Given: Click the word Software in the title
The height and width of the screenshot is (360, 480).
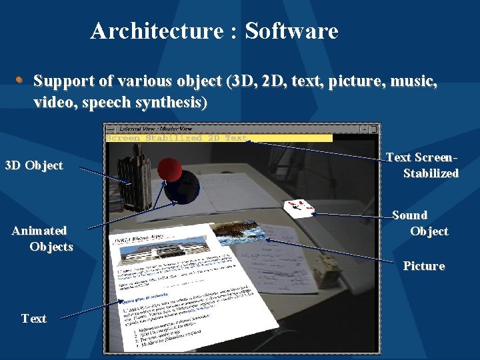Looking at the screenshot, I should point(291,31).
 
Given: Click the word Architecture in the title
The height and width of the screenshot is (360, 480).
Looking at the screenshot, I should point(157,31).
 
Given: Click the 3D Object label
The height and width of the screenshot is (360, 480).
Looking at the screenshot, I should point(34,165).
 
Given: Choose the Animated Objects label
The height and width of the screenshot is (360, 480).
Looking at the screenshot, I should point(42,239).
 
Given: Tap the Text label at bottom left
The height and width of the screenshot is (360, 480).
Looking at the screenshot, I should point(34,319).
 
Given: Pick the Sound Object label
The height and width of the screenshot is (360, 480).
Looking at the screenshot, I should point(419,223).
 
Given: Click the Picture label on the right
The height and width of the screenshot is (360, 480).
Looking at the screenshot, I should point(423,266).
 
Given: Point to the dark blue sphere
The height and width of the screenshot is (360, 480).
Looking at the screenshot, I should point(184,187).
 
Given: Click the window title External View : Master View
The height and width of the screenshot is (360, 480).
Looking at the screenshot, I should point(155,128).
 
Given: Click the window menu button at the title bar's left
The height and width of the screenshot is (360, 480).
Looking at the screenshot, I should point(110,128).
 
